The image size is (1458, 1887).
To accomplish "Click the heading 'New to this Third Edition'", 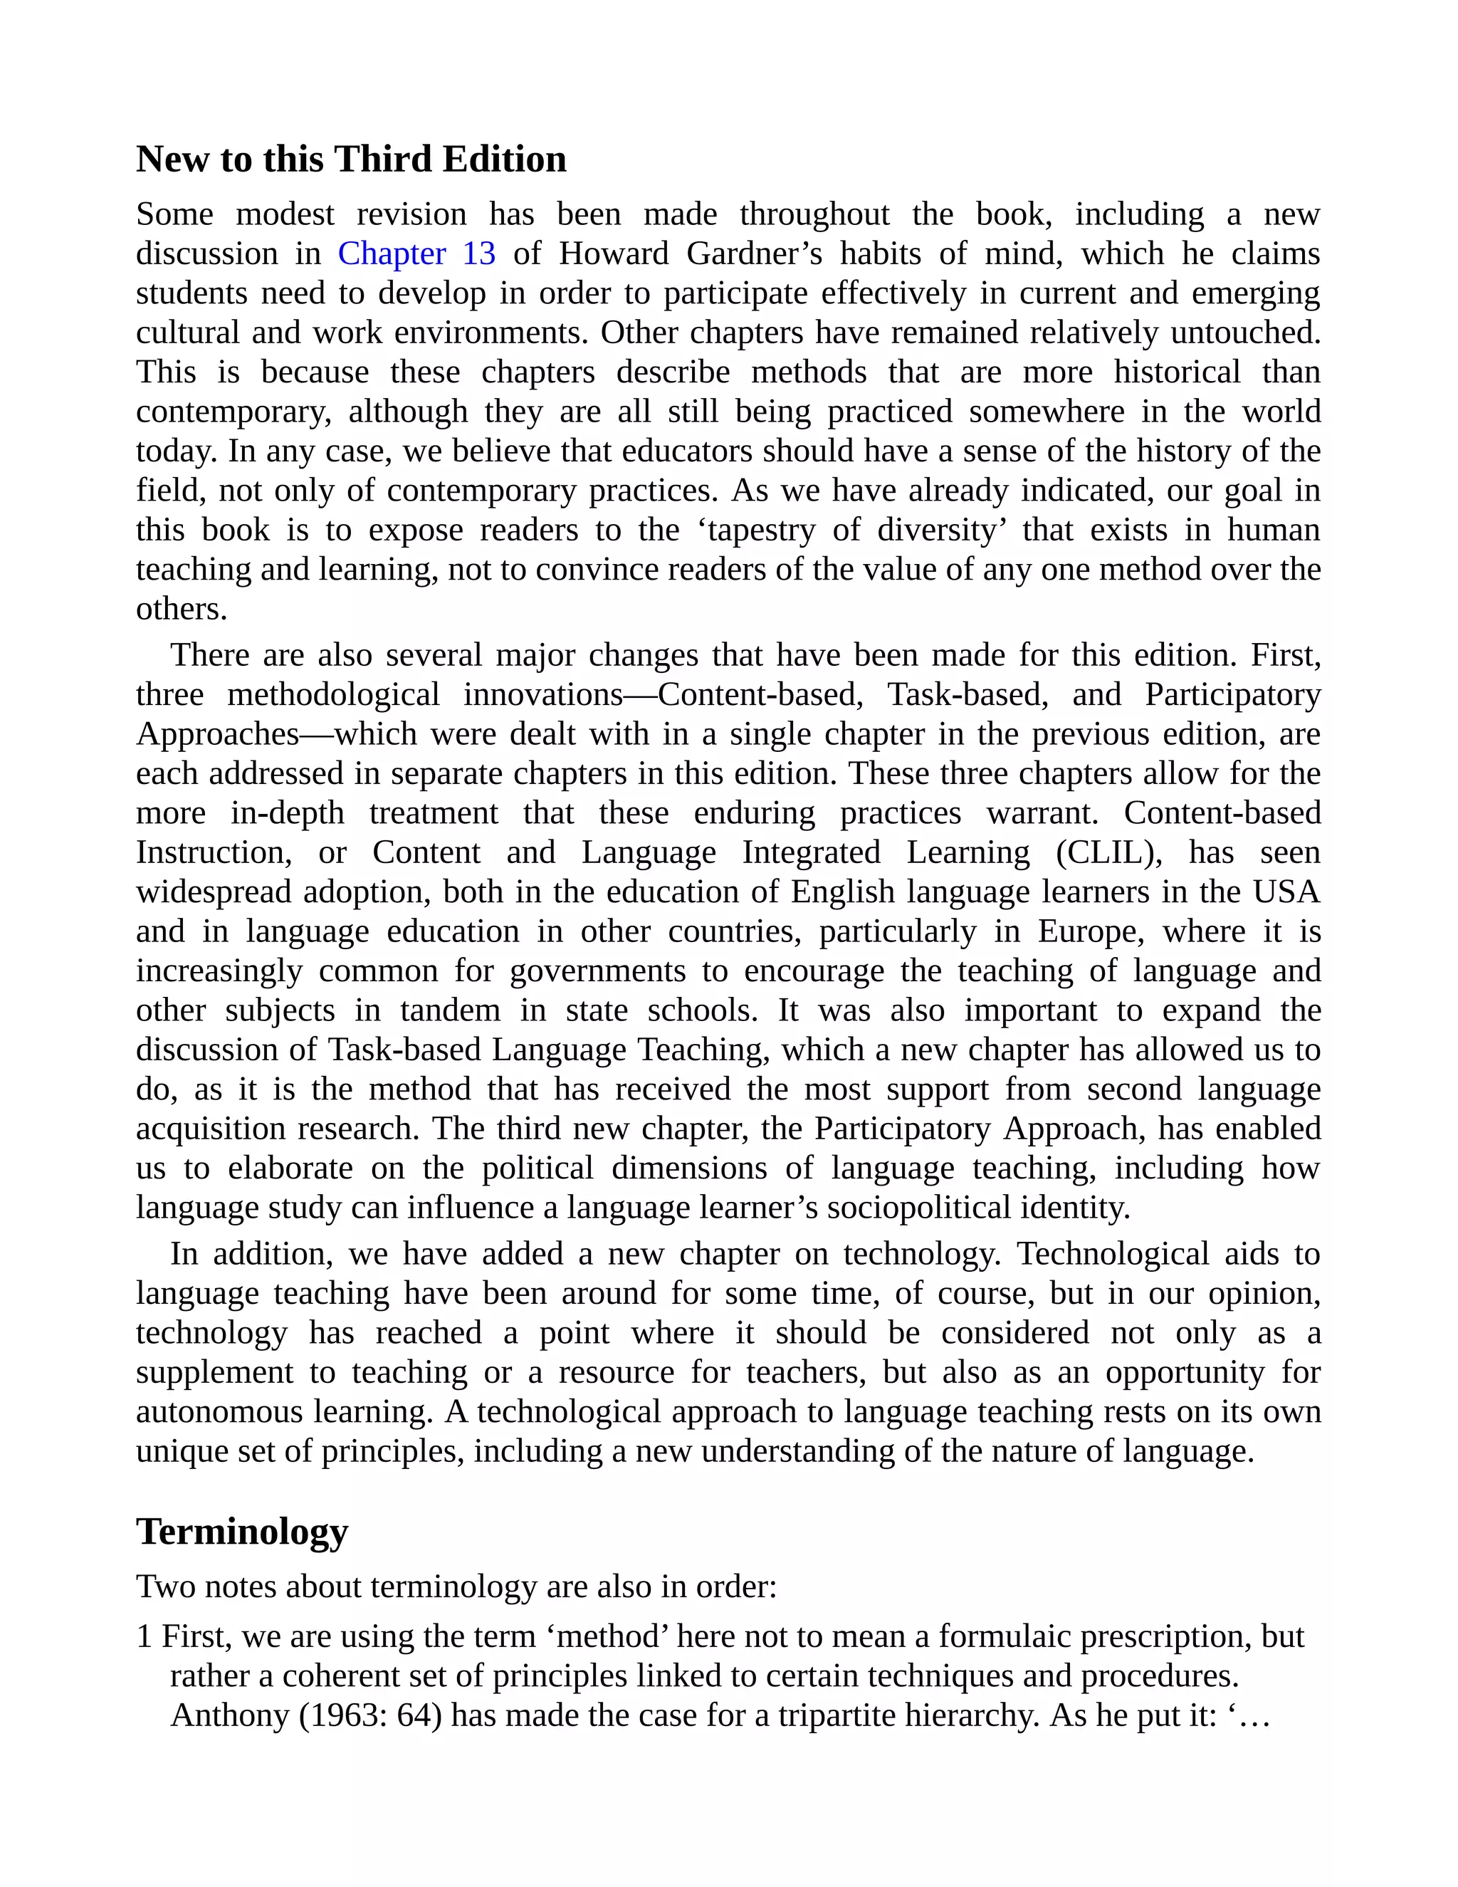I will [x=351, y=160].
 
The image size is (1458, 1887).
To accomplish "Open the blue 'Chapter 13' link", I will [x=416, y=254].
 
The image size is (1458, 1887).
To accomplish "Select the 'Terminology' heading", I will [x=242, y=1532].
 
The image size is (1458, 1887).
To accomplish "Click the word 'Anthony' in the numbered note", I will [x=230, y=1715].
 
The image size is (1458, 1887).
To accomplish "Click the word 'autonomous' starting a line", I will [x=219, y=1412].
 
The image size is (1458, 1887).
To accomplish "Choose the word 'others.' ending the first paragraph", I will [x=182, y=609].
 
